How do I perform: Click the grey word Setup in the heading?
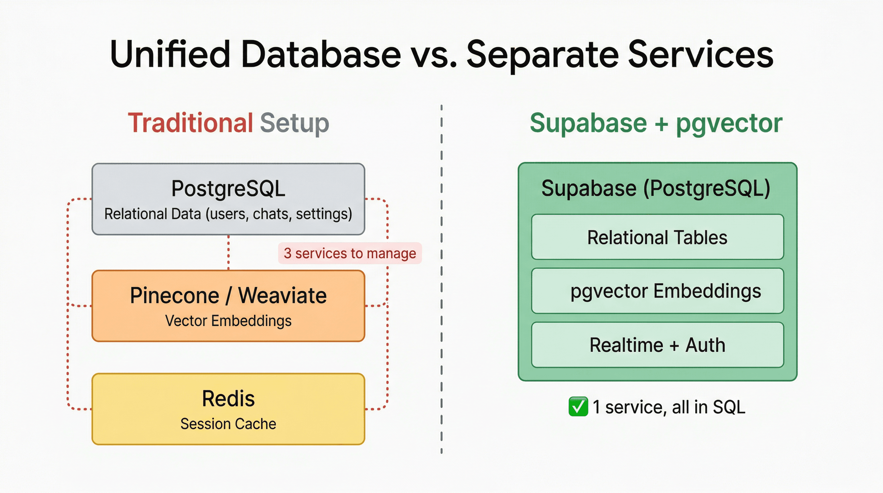[295, 124]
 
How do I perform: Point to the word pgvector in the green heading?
[729, 124]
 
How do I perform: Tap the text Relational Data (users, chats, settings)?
[228, 214]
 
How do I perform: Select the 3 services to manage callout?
[350, 253]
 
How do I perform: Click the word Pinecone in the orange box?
[175, 296]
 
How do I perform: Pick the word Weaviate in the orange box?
[282, 296]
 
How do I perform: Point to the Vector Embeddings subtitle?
[228, 321]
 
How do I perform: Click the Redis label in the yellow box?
[228, 399]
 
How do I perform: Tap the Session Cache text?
[228, 424]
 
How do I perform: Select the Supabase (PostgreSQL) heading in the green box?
[656, 188]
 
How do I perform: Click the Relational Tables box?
[657, 237]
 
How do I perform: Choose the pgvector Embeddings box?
[657, 291]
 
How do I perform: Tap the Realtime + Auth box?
[657, 345]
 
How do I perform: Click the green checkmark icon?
[578, 407]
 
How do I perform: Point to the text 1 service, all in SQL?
[669, 407]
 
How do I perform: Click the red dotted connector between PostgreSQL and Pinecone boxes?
[229, 253]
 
